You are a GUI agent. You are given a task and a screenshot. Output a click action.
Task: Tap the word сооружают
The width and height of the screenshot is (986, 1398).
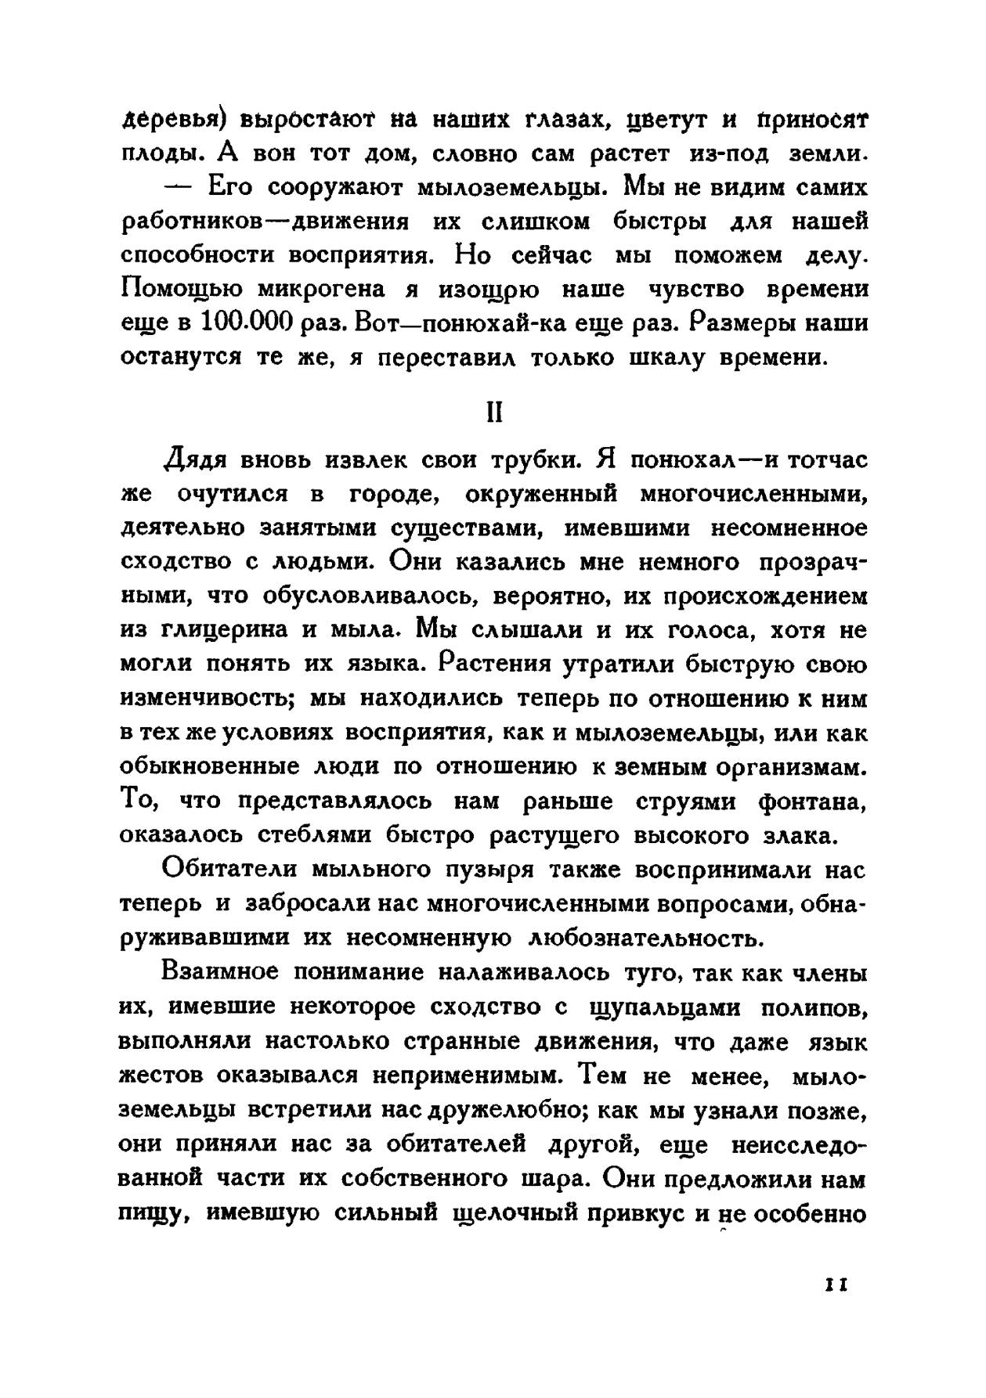pos(334,188)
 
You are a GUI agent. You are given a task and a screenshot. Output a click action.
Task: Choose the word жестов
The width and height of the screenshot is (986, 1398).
pos(161,1076)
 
